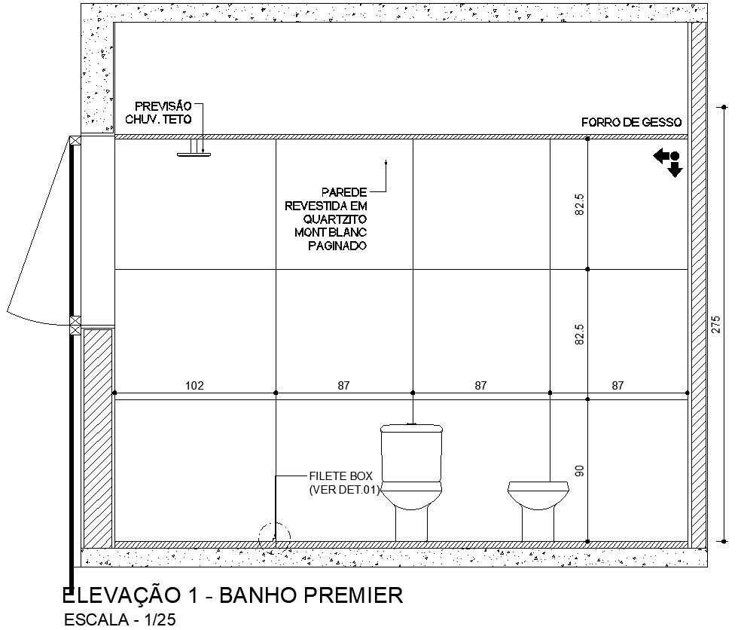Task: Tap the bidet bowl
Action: (x=538, y=495)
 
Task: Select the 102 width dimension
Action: (x=194, y=386)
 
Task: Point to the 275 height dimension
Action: (x=716, y=325)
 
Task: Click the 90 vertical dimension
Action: (x=580, y=471)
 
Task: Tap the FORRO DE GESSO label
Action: (x=631, y=123)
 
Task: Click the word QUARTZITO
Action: (x=335, y=219)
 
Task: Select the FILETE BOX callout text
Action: (x=340, y=476)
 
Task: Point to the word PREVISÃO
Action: (x=163, y=106)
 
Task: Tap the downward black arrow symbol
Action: (x=675, y=168)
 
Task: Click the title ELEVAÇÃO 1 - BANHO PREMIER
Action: (x=233, y=595)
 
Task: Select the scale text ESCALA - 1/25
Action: (x=120, y=619)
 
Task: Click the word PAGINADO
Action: (x=337, y=246)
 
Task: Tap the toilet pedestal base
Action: (x=411, y=525)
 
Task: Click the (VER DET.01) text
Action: (x=344, y=490)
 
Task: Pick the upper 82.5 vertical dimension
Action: (x=580, y=204)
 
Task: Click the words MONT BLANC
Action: (x=331, y=233)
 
